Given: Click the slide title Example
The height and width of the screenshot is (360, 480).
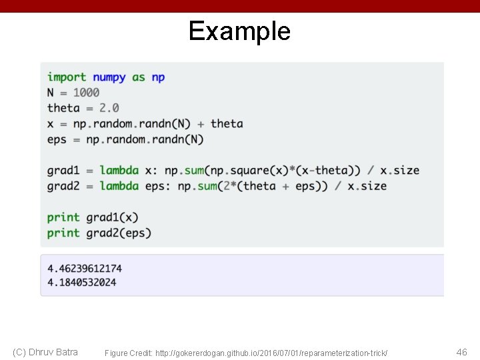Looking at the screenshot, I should click(239, 31).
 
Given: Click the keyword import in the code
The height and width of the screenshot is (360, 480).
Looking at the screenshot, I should click(67, 77).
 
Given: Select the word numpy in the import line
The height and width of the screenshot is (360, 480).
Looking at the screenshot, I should click(109, 77).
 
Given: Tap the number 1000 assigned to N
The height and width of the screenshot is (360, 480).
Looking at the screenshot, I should click(86, 93).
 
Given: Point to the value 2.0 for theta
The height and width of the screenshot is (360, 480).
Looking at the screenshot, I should click(109, 108).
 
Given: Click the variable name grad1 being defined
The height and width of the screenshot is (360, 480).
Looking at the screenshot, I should click(63, 171).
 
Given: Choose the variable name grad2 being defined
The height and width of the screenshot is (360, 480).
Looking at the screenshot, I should click(63, 186).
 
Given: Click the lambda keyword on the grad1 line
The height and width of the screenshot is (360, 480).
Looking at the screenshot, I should click(119, 171).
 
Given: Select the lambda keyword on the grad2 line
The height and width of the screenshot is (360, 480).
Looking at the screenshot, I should click(119, 186).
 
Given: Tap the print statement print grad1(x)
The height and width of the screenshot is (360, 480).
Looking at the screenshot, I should click(93, 217).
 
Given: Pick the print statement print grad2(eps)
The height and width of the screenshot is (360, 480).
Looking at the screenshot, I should click(99, 233).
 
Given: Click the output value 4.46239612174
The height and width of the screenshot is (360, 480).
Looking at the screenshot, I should click(85, 269).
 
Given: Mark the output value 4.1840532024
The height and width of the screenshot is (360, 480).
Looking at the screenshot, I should click(81, 282).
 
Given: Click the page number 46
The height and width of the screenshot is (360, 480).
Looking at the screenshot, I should click(461, 352).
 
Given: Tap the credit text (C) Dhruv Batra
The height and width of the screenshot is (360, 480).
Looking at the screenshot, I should click(45, 352).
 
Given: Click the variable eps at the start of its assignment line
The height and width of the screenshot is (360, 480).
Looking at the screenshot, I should click(57, 139).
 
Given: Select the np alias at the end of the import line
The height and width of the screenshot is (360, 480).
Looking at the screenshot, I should click(158, 77).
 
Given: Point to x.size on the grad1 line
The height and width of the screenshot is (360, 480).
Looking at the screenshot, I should click(400, 171).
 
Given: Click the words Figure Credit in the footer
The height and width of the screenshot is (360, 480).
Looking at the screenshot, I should click(127, 353).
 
